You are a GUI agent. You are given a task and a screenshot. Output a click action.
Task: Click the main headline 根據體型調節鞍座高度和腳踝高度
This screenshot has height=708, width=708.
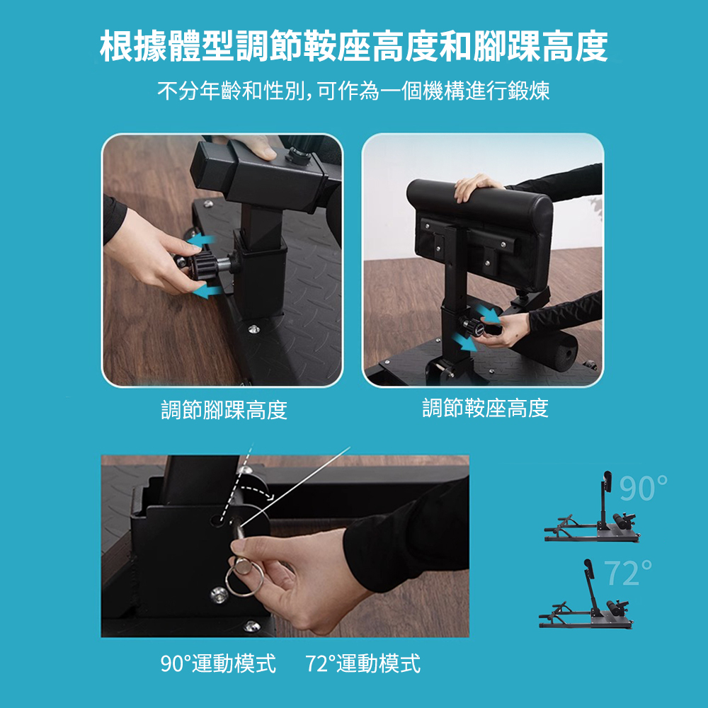(353, 47)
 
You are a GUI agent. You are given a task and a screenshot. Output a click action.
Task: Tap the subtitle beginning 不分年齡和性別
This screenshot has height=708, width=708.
(353, 91)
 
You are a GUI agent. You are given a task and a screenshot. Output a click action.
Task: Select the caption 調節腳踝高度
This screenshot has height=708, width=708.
(224, 409)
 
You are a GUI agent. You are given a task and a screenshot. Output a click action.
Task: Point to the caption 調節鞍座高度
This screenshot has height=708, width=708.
(486, 408)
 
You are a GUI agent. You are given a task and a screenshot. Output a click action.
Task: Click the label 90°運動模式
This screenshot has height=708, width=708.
(218, 663)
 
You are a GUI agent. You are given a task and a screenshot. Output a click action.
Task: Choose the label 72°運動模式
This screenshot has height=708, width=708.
(363, 663)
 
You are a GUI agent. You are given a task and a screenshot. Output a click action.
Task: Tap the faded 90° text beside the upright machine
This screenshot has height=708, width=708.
(643, 488)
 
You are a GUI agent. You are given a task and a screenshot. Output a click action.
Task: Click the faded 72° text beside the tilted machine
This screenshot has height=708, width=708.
(627, 573)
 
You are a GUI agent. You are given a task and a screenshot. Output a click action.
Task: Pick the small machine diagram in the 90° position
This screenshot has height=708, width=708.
(591, 507)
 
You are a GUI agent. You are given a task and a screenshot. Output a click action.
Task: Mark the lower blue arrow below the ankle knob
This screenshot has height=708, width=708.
(207, 291)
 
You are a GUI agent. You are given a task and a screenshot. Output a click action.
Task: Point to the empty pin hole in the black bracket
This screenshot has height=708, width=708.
(218, 519)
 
